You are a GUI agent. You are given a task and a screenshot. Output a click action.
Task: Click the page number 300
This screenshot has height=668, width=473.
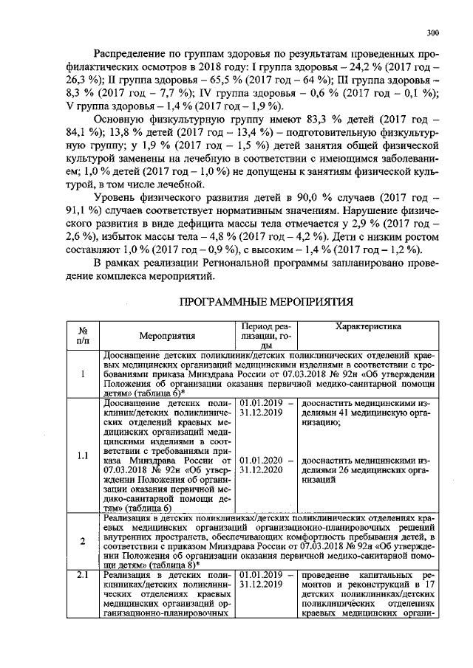(433, 32)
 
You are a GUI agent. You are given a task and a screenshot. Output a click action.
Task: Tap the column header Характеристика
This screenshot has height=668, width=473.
(368, 326)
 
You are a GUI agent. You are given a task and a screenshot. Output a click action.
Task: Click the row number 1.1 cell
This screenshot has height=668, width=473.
(83, 455)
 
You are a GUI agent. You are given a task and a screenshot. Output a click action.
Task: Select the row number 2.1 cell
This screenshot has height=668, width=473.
(83, 574)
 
